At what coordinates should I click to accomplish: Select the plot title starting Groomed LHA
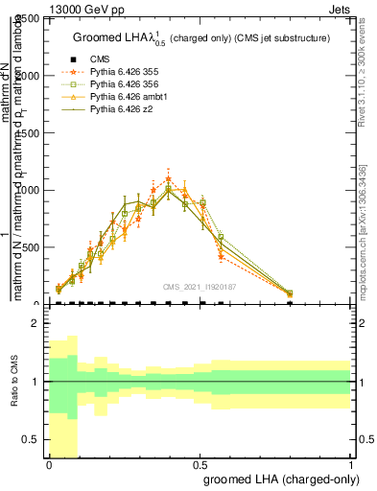point(201,37)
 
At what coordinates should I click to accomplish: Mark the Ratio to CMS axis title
point(16,383)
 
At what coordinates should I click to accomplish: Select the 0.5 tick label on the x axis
point(200,465)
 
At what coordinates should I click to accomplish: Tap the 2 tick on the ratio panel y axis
point(36,324)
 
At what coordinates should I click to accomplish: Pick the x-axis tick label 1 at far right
point(351,465)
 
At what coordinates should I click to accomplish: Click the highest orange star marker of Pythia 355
point(168,179)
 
